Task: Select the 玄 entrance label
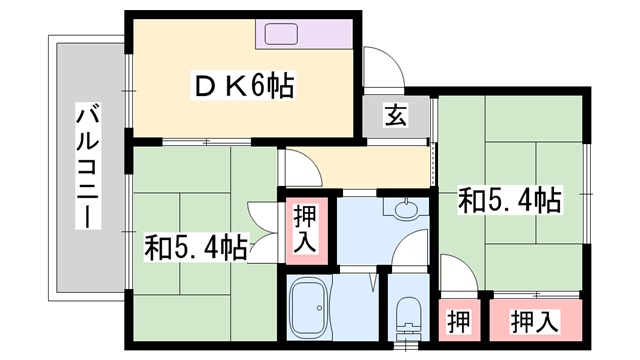tap(395, 116)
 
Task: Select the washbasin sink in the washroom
tap(407, 212)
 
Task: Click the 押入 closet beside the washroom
tap(304, 229)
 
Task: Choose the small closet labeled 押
tap(458, 321)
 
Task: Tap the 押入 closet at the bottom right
tap(535, 321)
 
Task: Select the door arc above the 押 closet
tap(454, 271)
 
